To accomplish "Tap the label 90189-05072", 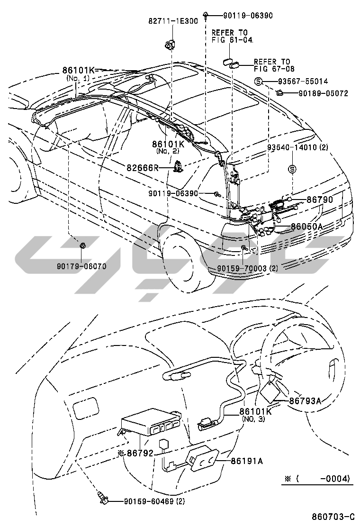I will (x=323, y=93).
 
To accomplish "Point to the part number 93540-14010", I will (x=303, y=147).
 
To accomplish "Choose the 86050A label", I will (x=306, y=227).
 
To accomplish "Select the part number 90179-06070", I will (x=82, y=266).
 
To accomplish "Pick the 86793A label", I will (x=305, y=400).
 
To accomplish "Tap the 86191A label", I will (x=247, y=460).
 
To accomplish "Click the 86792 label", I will (x=140, y=453).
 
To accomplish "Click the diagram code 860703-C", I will (x=333, y=516).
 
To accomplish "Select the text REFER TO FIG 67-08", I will (x=272, y=65).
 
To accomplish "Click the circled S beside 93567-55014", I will (x=259, y=82).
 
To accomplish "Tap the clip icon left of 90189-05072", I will (x=280, y=93).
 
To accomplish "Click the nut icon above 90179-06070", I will (x=82, y=245).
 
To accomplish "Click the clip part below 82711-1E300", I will (x=169, y=45).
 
